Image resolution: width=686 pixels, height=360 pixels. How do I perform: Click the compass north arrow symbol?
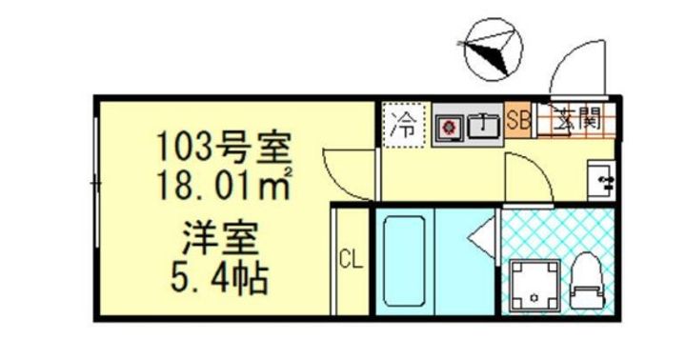(x=494, y=49)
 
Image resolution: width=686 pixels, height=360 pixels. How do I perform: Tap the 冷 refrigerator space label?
(x=404, y=125)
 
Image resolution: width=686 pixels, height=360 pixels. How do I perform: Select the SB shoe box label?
(x=518, y=120)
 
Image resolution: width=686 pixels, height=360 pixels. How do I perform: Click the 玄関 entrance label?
(x=576, y=118)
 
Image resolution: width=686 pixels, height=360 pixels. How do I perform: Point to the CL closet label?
(x=351, y=261)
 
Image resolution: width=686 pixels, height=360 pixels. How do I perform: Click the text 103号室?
(x=223, y=147)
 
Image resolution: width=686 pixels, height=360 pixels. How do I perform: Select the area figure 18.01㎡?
(x=225, y=184)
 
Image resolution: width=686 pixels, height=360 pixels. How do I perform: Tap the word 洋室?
(x=220, y=239)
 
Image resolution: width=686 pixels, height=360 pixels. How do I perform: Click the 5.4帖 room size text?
(x=219, y=278)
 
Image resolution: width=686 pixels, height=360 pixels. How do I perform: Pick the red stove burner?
(x=449, y=127)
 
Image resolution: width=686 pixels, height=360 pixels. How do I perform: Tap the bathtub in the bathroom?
(x=404, y=262)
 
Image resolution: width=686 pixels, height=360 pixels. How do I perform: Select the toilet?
(x=588, y=282)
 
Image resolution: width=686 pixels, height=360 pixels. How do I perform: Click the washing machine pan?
(x=535, y=286)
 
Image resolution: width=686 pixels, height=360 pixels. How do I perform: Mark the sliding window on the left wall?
(x=95, y=183)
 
